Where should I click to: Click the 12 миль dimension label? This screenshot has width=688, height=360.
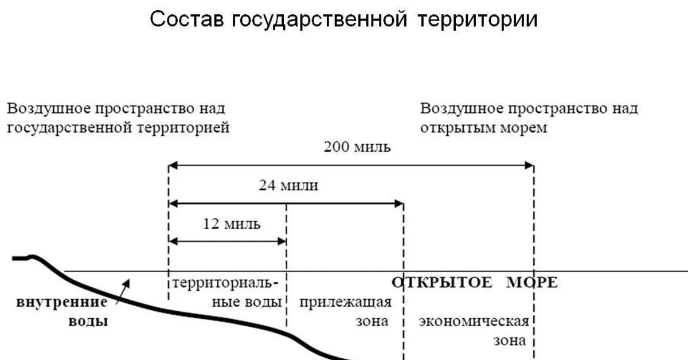point(232,224)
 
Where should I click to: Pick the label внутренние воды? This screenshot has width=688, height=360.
point(62,311)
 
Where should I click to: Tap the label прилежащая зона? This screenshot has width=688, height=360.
point(345,311)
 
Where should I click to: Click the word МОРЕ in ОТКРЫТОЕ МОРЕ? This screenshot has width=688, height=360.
point(532,282)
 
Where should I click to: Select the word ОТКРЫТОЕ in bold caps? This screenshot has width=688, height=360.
point(441,282)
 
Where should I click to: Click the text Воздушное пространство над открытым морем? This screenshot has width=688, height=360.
point(529,118)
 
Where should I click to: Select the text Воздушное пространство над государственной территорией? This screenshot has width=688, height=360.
point(118,118)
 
